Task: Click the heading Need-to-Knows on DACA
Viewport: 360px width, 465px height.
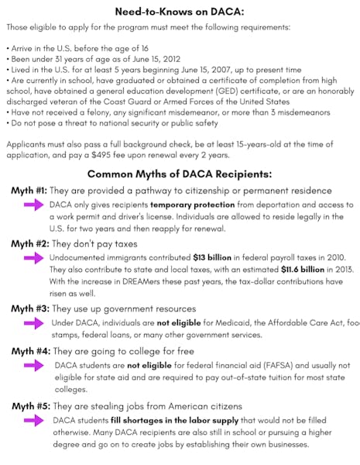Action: click(x=180, y=12)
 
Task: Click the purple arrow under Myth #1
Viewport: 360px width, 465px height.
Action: click(x=33, y=205)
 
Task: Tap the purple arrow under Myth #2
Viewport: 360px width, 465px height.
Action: click(x=33, y=257)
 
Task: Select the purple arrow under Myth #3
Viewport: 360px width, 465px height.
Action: click(x=33, y=322)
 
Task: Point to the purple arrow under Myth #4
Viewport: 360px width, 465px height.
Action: click(x=33, y=365)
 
